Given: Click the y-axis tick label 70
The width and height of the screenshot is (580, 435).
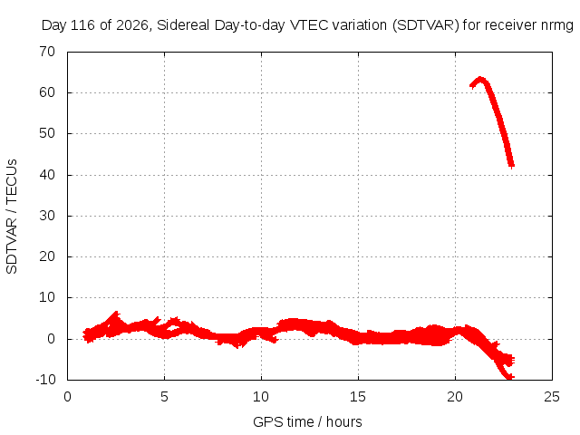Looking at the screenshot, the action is tap(47, 52).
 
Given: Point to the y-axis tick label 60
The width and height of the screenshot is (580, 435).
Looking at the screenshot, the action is tap(47, 92).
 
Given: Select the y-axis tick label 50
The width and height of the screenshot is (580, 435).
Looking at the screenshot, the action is tap(47, 133).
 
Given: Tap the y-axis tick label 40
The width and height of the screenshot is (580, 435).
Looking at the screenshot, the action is tap(47, 175).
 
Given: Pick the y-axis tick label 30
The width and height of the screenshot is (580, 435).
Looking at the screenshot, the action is tap(47, 216).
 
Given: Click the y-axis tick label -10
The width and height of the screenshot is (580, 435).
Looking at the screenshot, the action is tap(45, 380).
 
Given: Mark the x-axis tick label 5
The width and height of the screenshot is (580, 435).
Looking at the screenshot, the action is tap(164, 397).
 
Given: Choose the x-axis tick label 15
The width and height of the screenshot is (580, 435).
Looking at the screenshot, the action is tap(358, 397).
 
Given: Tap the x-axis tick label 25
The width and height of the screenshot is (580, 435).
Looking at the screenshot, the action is tap(552, 397).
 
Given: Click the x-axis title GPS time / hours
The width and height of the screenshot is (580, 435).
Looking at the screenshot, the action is tap(307, 422).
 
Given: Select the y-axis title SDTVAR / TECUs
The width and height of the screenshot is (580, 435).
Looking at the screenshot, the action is tap(12, 217).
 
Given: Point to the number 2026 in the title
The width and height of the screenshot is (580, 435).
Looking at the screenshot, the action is tap(132, 25).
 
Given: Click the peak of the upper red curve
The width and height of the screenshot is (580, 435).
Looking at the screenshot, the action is tap(480, 78).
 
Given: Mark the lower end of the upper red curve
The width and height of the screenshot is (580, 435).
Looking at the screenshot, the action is tap(511, 167).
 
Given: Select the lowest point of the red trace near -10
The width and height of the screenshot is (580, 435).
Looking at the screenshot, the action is tap(509, 378).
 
